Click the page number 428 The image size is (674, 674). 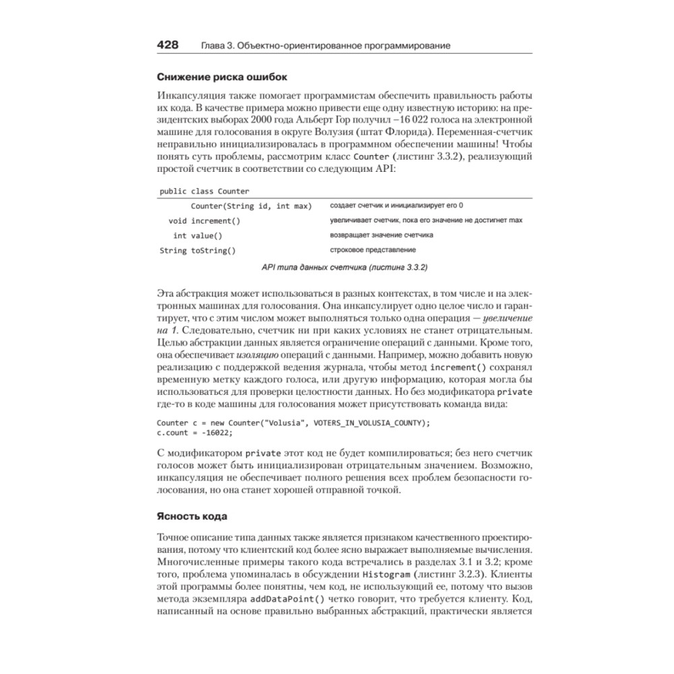[x=168, y=45]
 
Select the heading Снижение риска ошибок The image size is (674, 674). [x=222, y=76]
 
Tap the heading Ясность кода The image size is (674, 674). [x=192, y=516]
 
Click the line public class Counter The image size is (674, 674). [x=204, y=191]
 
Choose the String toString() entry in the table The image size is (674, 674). [x=197, y=251]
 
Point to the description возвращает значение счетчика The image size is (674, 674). [x=381, y=235]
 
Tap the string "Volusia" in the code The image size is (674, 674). [x=282, y=423]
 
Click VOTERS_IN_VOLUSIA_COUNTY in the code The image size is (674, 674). [x=364, y=423]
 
